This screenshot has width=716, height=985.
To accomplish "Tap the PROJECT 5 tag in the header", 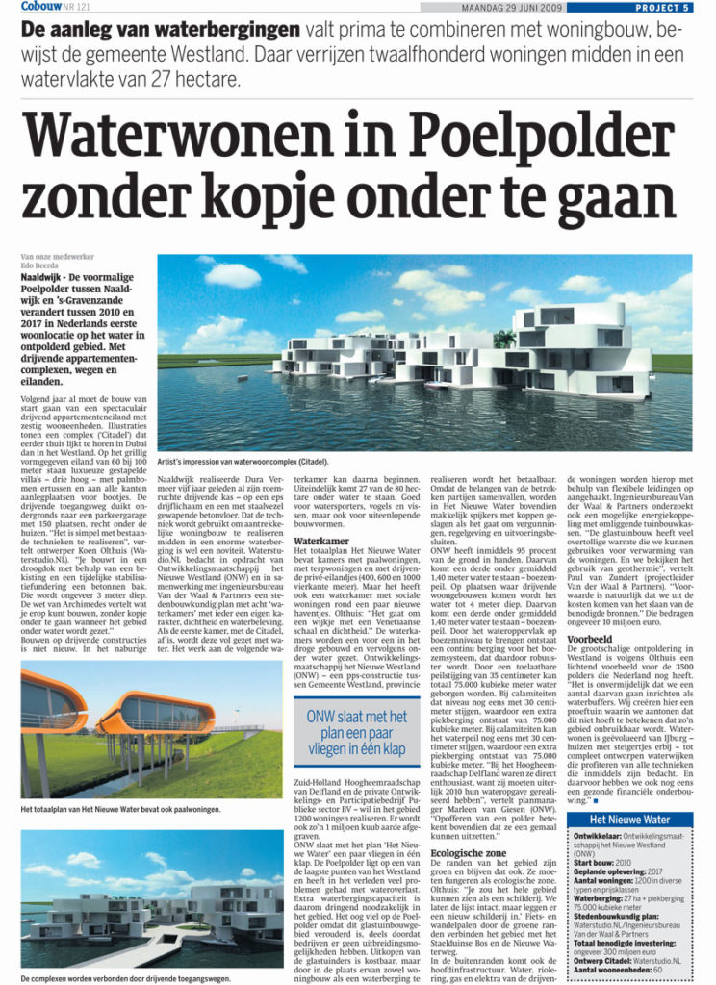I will click(x=663, y=8).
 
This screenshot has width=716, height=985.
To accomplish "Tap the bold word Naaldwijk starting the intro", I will click(x=44, y=275).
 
